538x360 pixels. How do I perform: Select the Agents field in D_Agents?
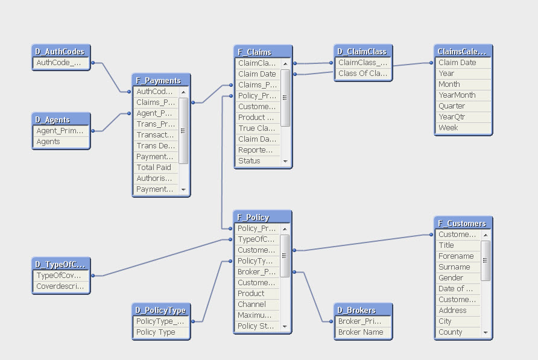(48, 142)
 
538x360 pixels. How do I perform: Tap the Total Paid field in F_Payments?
(154, 168)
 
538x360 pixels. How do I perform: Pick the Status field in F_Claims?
(249, 161)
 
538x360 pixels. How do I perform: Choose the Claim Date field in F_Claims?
(257, 74)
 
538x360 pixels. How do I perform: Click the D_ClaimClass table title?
(362, 51)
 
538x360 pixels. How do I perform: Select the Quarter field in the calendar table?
(452, 106)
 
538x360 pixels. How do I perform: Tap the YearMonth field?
(457, 95)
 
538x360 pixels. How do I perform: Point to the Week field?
(448, 128)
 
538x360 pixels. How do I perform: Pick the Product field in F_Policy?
(251, 294)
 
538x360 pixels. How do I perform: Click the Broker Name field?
(361, 332)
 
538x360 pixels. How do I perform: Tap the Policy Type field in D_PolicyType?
(156, 332)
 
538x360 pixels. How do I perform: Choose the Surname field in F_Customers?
(454, 267)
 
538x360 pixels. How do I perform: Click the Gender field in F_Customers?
(451, 278)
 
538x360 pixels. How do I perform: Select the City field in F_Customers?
(445, 321)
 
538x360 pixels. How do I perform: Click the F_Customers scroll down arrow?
(486, 333)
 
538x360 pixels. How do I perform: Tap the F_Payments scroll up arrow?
(184, 92)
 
